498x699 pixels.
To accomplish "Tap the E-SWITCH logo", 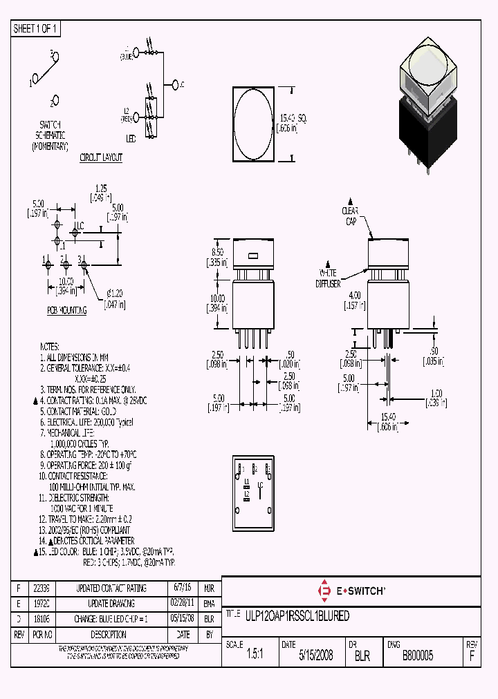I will (352, 591).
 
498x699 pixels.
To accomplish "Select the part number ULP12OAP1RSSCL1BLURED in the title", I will (298, 615).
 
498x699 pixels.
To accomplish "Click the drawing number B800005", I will (418, 655).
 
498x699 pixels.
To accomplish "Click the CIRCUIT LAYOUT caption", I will (101, 157).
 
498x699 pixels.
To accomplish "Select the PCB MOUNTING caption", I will (67, 312).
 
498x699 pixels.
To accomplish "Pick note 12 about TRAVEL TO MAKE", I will (86, 519).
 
